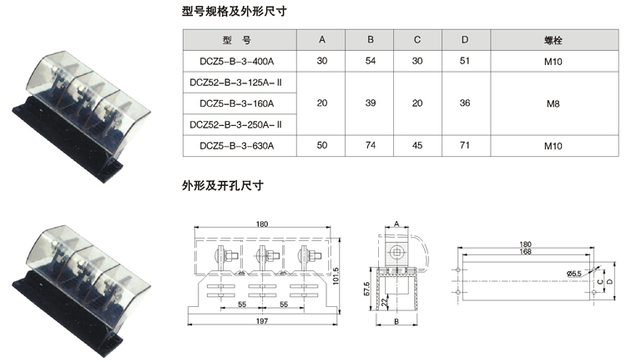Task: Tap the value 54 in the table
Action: coord(371,61)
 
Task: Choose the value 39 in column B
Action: coord(371,103)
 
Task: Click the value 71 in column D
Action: coord(465,145)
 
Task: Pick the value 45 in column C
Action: coord(418,145)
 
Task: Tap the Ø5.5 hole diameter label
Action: coord(574,273)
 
